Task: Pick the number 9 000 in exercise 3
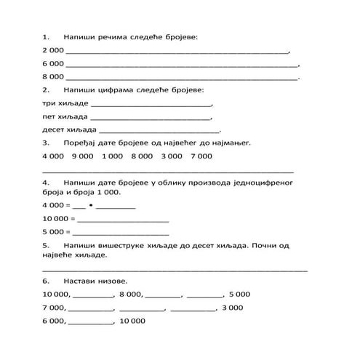[x=83, y=156]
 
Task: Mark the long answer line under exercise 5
[x=175, y=269]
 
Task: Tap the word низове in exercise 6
[x=114, y=281]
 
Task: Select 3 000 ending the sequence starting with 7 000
[x=232, y=308]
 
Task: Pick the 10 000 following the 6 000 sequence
[x=132, y=321]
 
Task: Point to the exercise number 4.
[x=47, y=182]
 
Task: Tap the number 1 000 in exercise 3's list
[x=113, y=156]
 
